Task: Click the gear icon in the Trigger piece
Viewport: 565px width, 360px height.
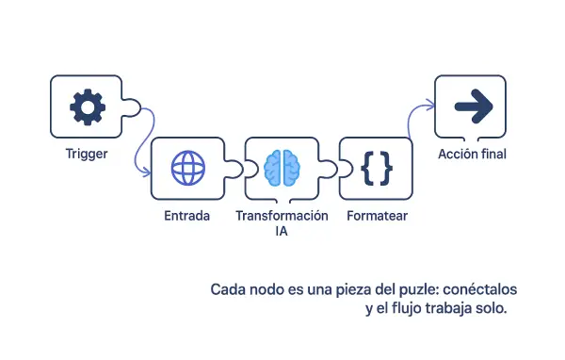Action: (87, 107)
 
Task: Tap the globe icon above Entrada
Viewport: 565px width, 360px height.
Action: (187, 169)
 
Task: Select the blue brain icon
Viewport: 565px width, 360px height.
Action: (282, 168)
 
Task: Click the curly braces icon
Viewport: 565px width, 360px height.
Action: (376, 168)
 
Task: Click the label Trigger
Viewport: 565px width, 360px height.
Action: (87, 153)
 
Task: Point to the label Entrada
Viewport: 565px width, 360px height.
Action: (186, 216)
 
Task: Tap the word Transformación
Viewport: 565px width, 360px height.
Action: (282, 216)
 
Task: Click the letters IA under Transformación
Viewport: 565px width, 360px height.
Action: (282, 231)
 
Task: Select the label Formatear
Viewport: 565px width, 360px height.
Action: (377, 216)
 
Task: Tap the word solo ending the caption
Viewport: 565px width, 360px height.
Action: (492, 308)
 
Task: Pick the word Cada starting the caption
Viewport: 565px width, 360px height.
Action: (226, 288)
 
